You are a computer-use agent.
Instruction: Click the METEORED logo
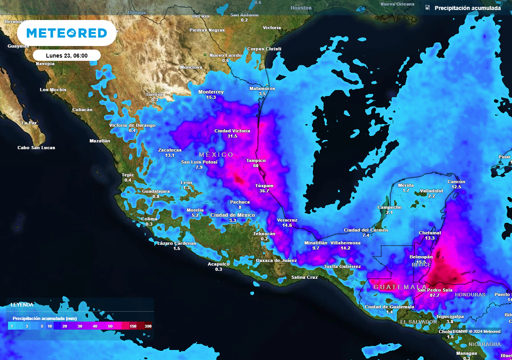click(67, 33)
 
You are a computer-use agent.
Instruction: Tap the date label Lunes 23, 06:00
click(67, 56)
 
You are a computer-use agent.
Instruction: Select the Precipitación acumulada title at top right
click(467, 8)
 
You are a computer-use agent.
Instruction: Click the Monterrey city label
click(211, 92)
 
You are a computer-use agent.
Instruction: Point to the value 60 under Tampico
click(256, 166)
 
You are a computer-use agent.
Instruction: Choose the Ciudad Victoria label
click(232, 131)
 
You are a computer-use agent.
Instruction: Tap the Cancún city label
click(456, 182)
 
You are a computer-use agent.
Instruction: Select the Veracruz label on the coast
click(287, 220)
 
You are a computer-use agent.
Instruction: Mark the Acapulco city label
click(218, 264)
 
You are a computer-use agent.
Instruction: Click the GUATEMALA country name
click(400, 287)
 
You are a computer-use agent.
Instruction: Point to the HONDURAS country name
click(470, 295)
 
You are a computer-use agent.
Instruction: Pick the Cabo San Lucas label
click(36, 148)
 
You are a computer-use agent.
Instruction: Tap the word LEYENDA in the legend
click(22, 304)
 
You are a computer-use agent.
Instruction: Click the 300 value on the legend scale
click(148, 326)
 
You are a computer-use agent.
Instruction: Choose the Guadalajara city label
click(156, 191)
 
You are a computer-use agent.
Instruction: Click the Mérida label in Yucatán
click(406, 185)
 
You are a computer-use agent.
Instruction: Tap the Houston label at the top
click(301, 8)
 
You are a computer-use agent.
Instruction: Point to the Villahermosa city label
click(346, 243)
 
